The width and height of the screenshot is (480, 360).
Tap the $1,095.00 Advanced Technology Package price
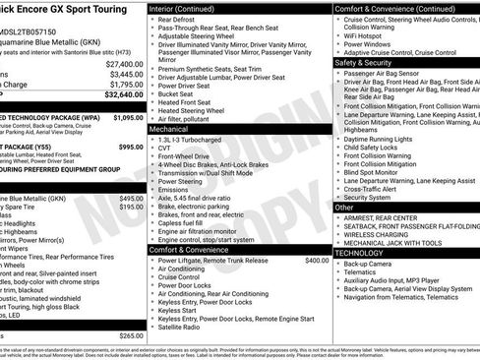click(x=128, y=116)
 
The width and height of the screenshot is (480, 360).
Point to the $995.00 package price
click(x=131, y=147)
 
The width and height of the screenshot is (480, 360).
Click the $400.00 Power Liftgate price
click(x=317, y=261)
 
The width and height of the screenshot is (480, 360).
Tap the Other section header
click(x=344, y=208)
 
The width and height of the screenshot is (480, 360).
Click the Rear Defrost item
click(x=177, y=19)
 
